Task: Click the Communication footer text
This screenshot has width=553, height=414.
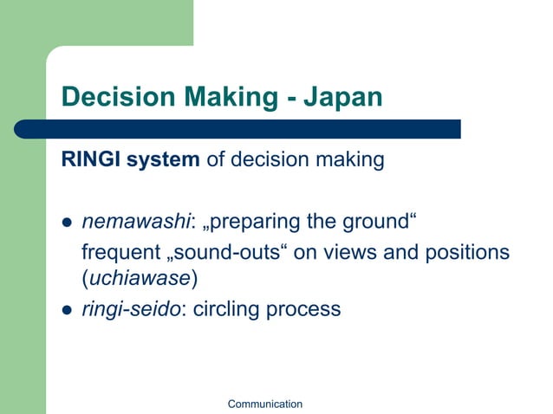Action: pos(264,404)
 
